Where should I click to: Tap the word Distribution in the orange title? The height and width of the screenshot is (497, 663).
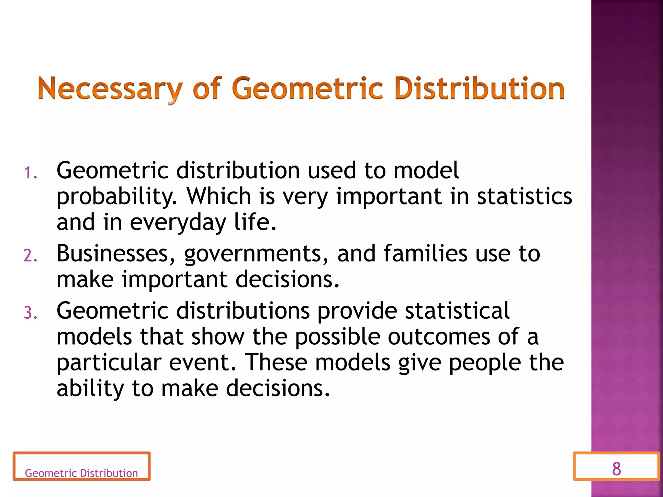(479, 88)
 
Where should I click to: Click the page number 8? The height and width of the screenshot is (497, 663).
(616, 469)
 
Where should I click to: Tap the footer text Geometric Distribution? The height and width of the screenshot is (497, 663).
(81, 473)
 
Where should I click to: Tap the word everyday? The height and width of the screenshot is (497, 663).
(178, 223)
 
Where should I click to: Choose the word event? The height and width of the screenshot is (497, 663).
(202, 362)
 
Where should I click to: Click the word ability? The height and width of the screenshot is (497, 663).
(90, 388)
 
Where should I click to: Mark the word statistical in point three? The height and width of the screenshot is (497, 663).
(457, 311)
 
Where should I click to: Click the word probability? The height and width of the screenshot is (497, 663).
(117, 197)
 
